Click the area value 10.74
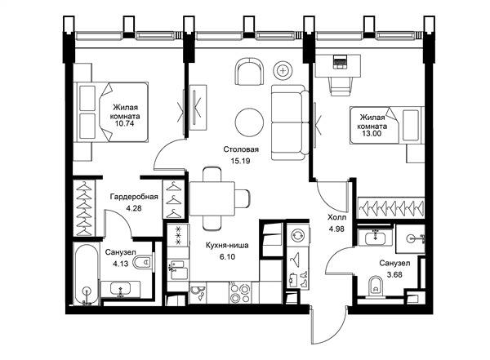(x=124, y=123)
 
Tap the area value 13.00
(x=372, y=134)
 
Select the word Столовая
(x=241, y=149)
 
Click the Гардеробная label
(x=134, y=197)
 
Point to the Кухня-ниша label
(x=227, y=246)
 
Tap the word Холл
(x=336, y=217)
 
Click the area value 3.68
(x=394, y=275)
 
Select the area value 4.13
(x=121, y=264)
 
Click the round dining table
(x=249, y=122)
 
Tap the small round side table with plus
(x=283, y=70)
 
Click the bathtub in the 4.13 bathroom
(x=87, y=274)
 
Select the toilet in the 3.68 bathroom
(x=376, y=286)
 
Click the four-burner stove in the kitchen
(x=239, y=292)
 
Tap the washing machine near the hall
(x=298, y=236)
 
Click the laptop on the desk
(x=340, y=61)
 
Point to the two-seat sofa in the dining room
(x=290, y=122)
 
